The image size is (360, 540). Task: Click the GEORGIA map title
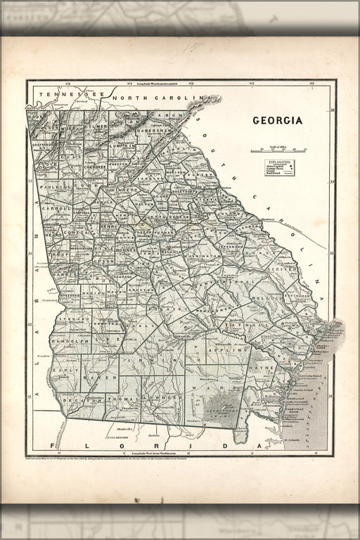click(x=278, y=120)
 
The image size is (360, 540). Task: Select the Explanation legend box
click(x=279, y=167)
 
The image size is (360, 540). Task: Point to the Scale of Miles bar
click(x=278, y=150)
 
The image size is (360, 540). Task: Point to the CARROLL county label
click(x=59, y=209)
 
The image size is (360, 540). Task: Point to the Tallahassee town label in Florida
click(x=121, y=437)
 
